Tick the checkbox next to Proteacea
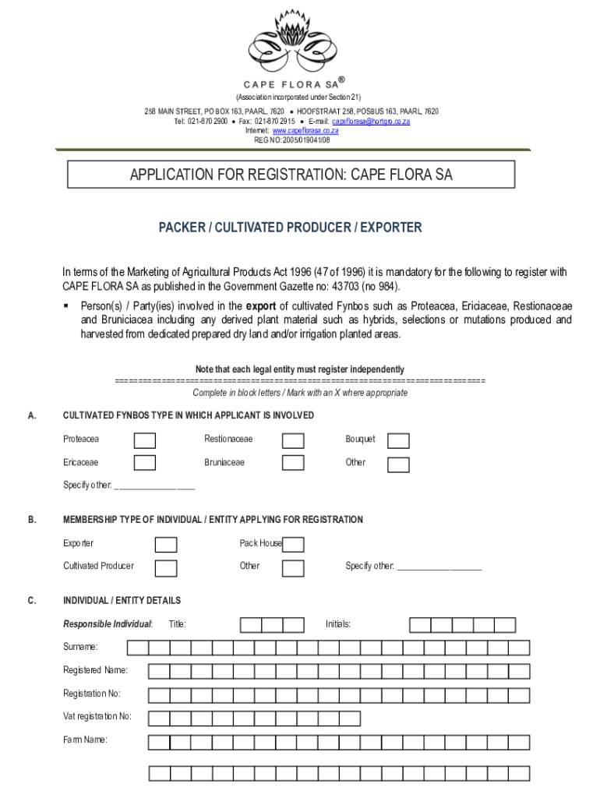pos(144,440)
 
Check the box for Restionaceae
pos(293,440)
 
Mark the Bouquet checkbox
pos(398,441)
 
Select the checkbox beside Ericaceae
pos(144,463)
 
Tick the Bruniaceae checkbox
pos(293,463)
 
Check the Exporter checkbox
pos(165,545)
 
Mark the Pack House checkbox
pos(293,545)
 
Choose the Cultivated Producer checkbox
pos(165,568)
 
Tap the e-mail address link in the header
pos(371,122)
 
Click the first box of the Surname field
pos(138,648)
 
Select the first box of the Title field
pos(251,625)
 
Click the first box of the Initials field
pos(420,625)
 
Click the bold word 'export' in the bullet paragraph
pos(261,305)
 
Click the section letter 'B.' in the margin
pos(32,520)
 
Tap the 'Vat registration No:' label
pos(97,716)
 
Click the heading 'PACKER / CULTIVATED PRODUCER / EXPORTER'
pos(291,228)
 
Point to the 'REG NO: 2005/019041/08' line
pos(292,140)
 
